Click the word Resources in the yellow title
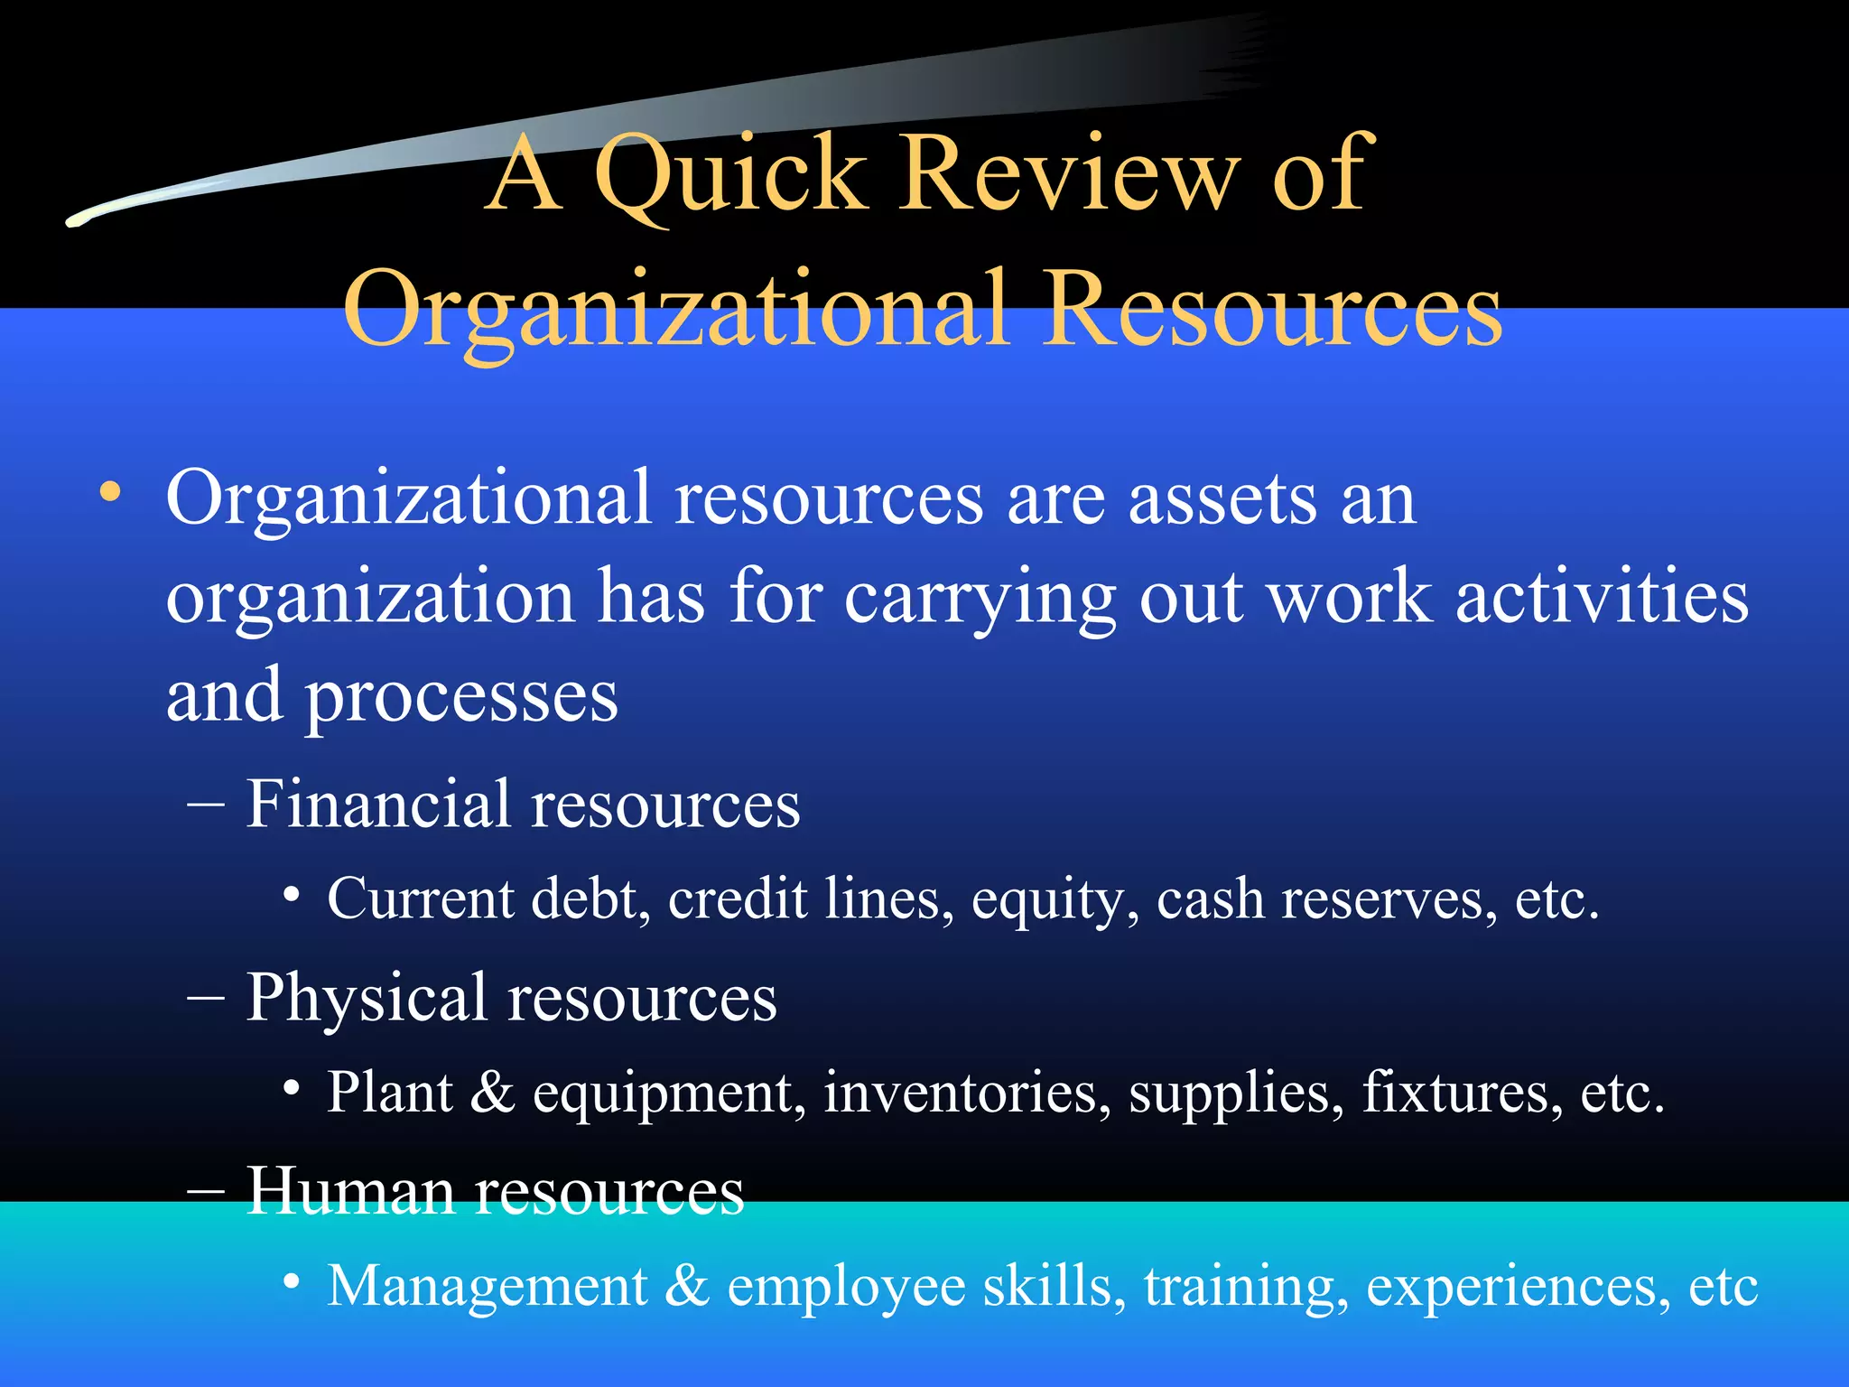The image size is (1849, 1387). click(x=1273, y=309)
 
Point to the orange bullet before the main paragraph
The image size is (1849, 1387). click(x=110, y=493)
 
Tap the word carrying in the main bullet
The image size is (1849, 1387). click(x=980, y=600)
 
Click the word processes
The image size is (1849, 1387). click(x=461, y=698)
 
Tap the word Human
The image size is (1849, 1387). click(x=349, y=1191)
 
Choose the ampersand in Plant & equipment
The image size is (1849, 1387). click(x=492, y=1092)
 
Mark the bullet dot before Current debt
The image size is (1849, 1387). click(x=291, y=897)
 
